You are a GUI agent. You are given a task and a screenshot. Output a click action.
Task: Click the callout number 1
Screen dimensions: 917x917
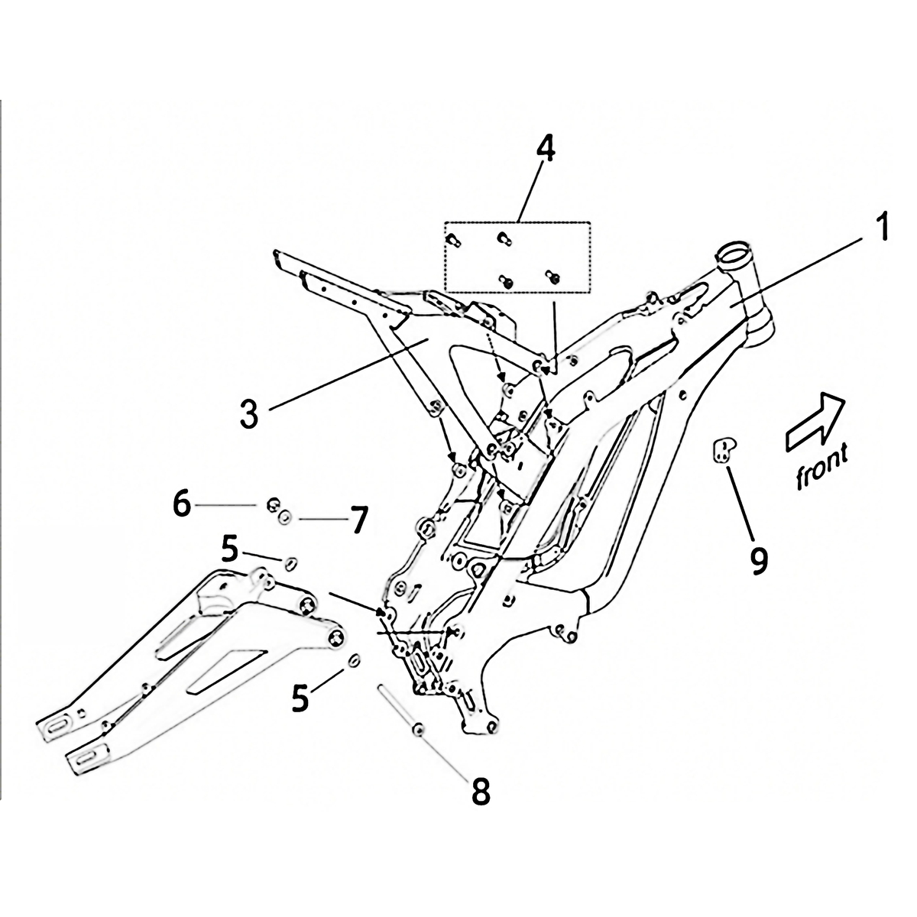[881, 228]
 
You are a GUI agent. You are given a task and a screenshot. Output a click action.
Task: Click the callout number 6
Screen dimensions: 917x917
[181, 504]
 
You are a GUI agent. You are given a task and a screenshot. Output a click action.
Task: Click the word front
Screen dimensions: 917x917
[821, 467]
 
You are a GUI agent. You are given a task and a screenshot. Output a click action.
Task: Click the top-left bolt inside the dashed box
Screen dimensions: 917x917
[451, 239]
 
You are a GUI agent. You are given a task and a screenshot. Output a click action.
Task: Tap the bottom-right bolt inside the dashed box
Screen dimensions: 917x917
[552, 274]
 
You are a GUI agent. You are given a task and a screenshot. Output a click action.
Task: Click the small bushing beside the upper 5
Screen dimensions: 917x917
[290, 564]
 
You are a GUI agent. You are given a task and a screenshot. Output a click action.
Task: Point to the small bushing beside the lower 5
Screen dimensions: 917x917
[355, 660]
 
